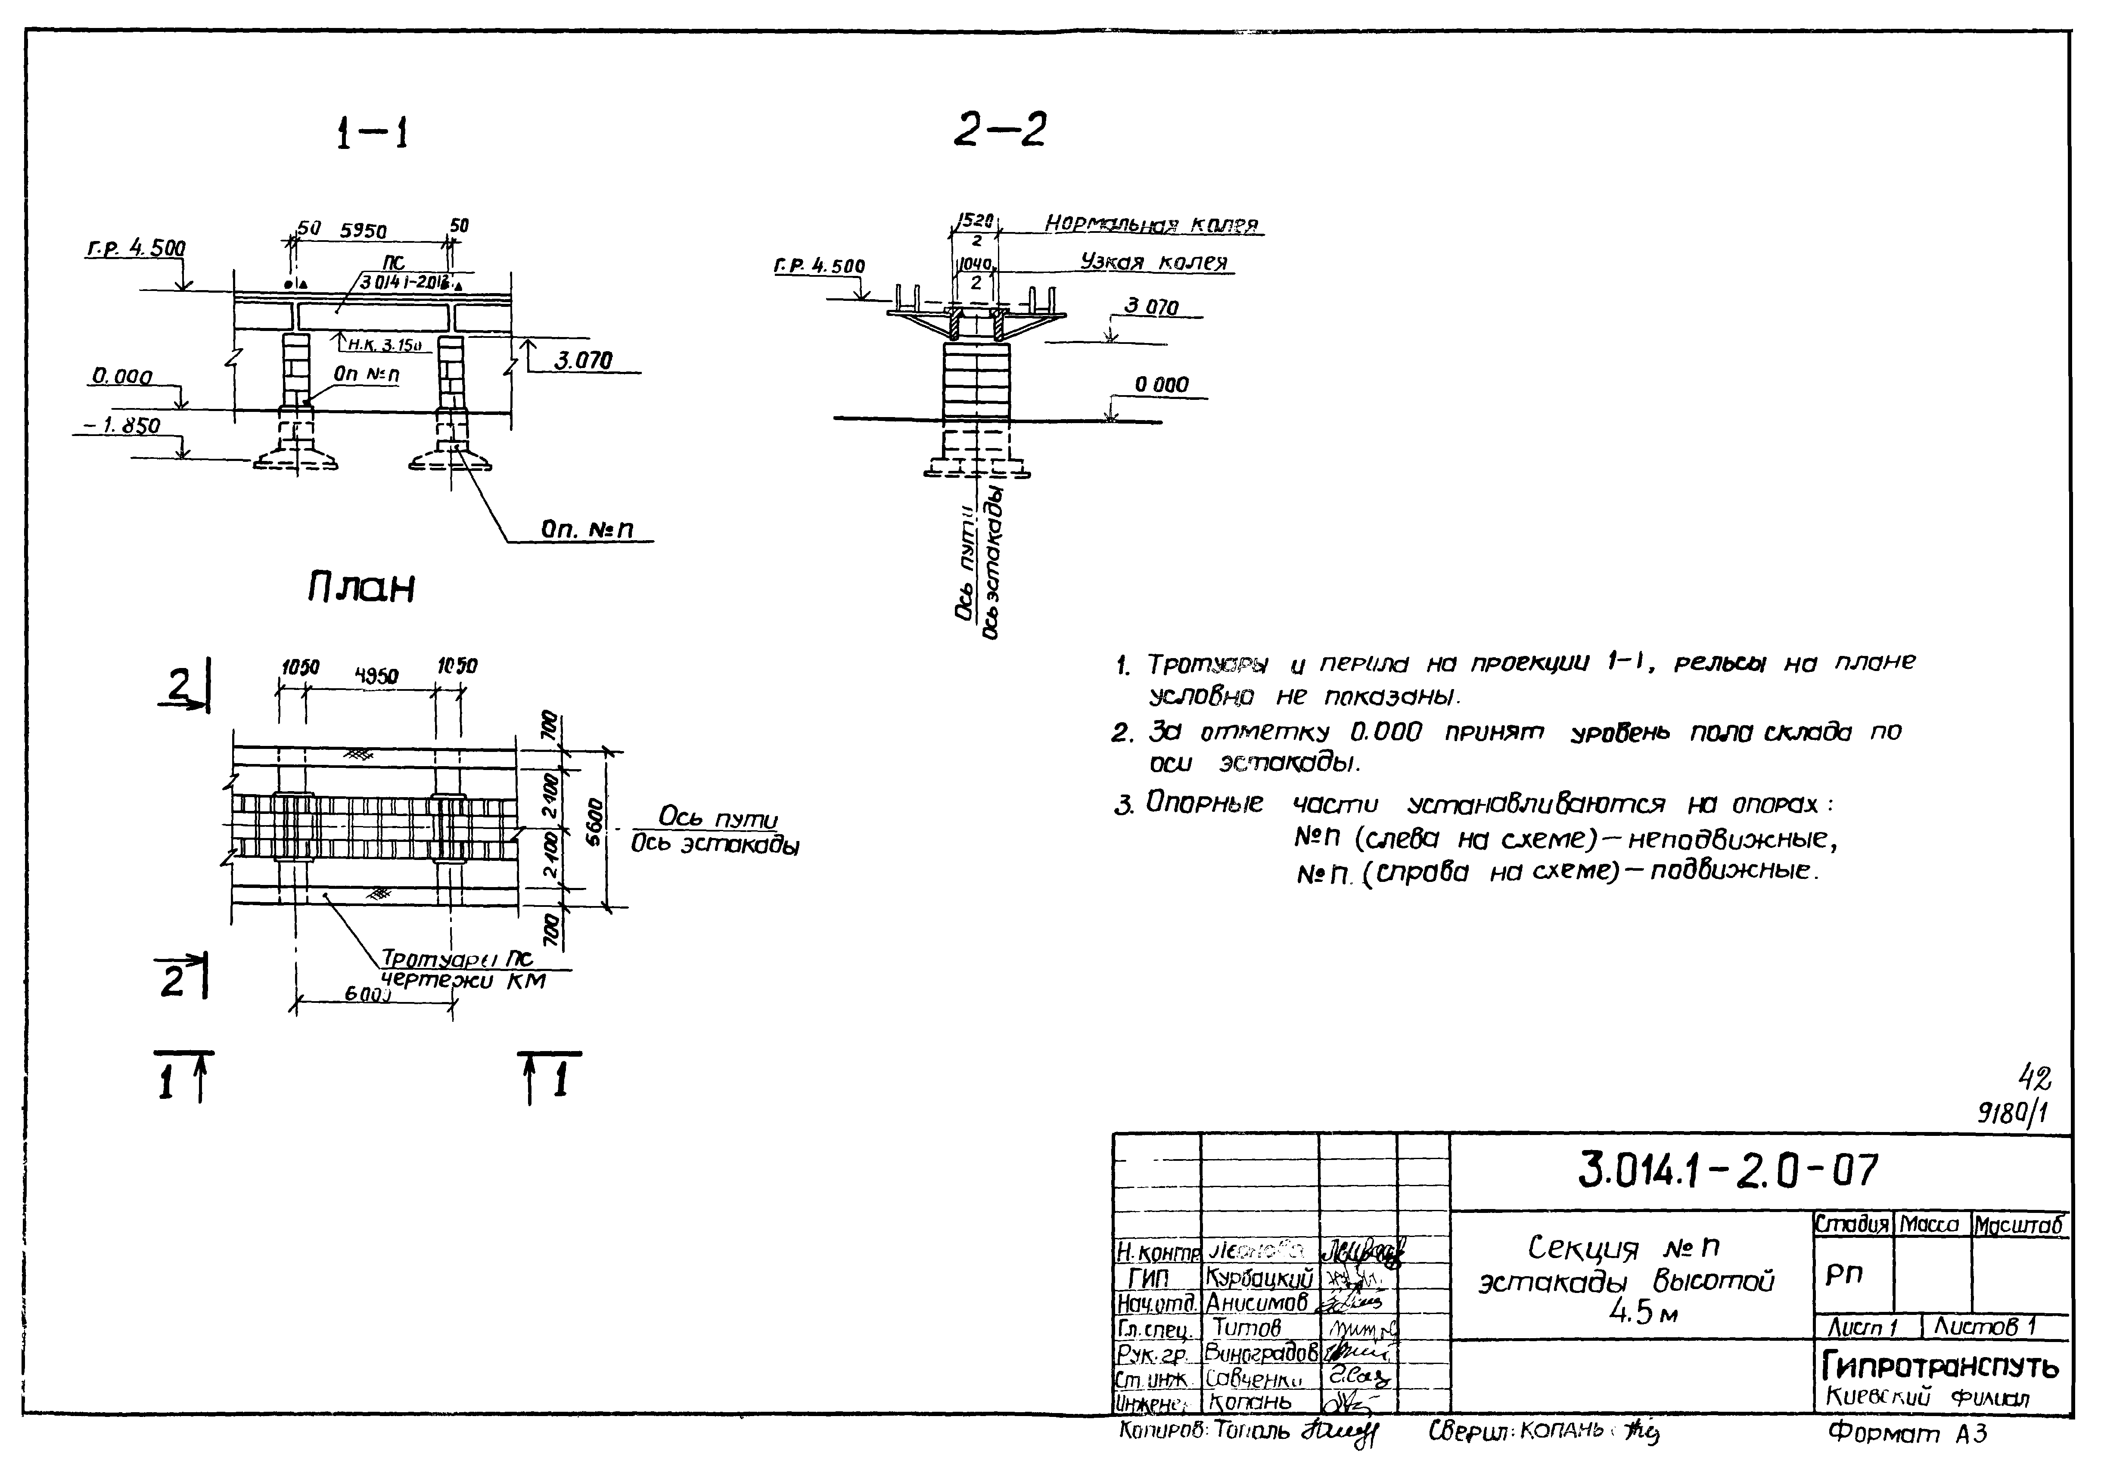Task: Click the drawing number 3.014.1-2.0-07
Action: coord(1728,1171)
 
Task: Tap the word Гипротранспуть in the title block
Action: coord(1940,1367)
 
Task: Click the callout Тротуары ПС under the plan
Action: coord(456,959)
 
